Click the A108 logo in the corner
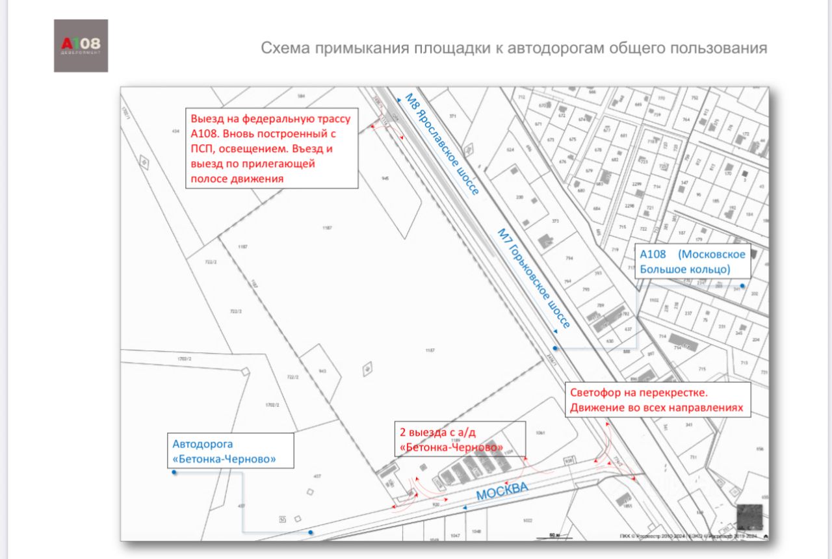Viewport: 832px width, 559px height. pyautogui.click(x=81, y=45)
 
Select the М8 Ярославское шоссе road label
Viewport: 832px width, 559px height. pyautogui.click(x=442, y=144)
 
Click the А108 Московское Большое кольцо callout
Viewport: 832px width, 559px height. pyautogui.click(x=693, y=261)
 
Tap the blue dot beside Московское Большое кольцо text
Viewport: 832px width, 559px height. pyautogui.click(x=742, y=285)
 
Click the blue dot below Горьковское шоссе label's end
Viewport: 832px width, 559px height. pyautogui.click(x=554, y=348)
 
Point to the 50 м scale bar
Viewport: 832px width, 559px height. pyautogui.click(x=554, y=536)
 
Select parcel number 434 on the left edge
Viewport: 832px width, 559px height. pyautogui.click(x=175, y=131)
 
